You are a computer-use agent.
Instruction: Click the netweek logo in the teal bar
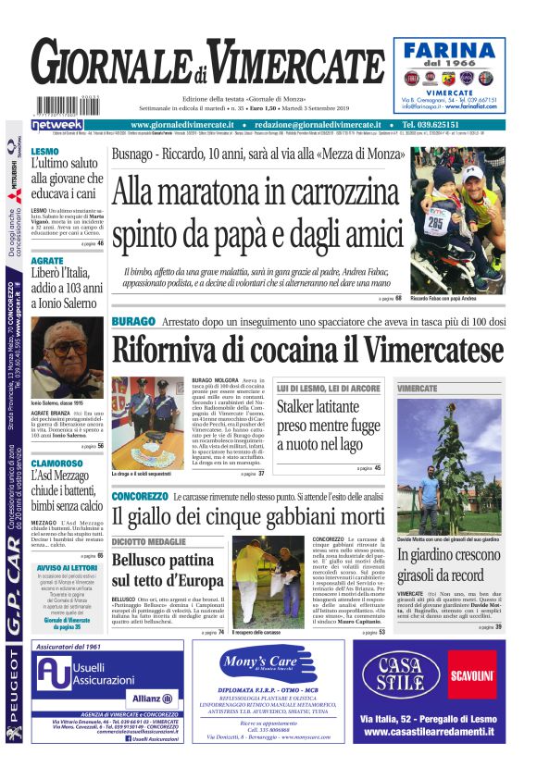56,125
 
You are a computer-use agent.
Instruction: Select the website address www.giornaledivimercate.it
181,125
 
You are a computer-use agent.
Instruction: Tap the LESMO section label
44,151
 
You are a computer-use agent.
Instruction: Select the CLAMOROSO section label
58,464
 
